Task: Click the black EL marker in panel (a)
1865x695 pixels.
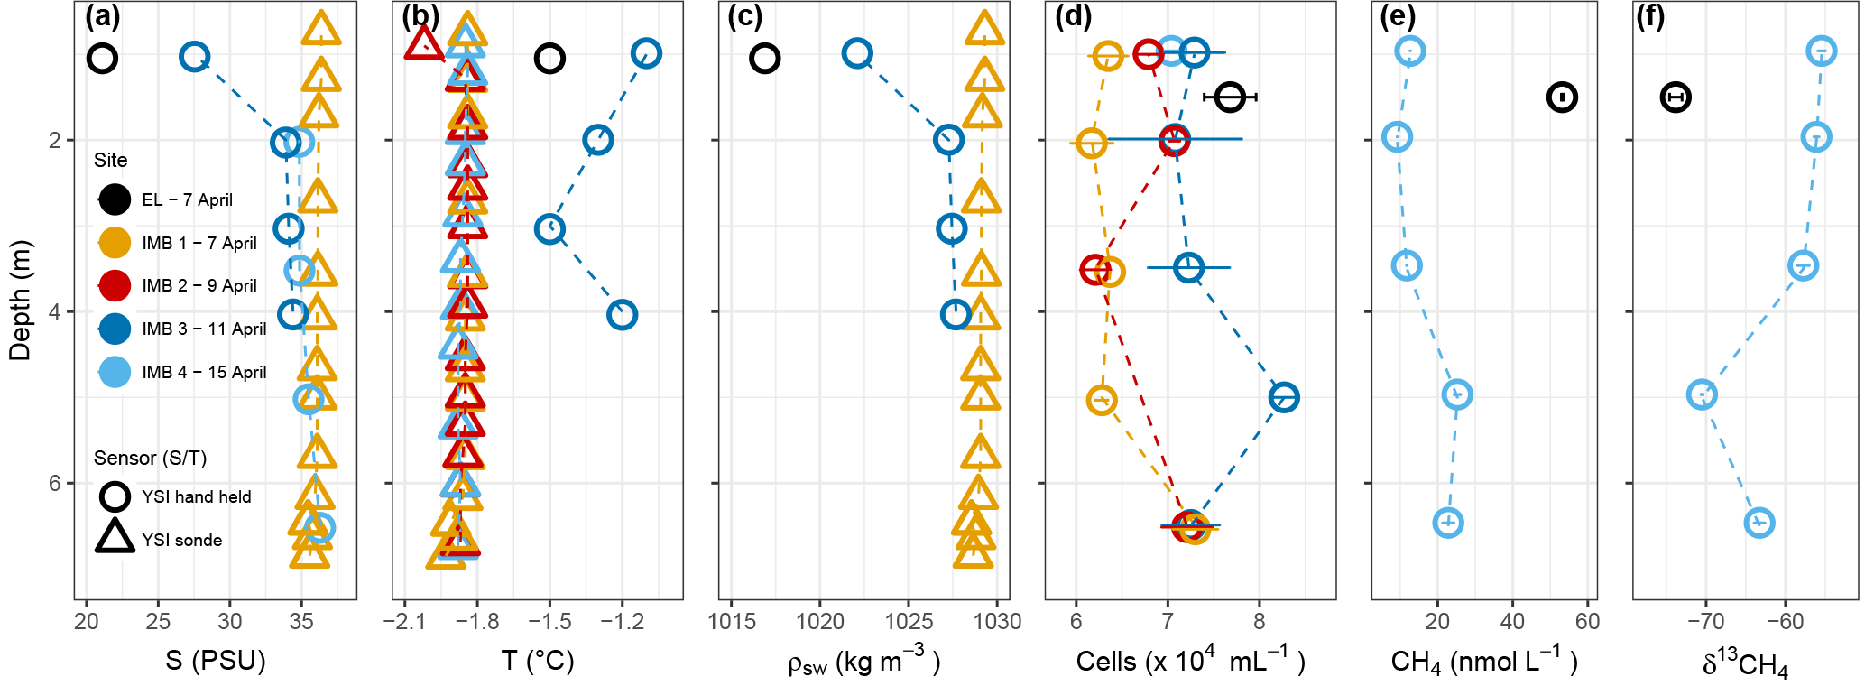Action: (x=103, y=59)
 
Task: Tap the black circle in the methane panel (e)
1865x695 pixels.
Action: (x=1562, y=97)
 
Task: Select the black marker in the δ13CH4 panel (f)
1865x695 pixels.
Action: (x=1676, y=97)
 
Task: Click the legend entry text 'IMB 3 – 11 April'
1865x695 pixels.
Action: (x=204, y=329)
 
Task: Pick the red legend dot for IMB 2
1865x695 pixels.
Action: (x=115, y=285)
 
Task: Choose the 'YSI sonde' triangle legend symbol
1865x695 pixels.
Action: (x=115, y=537)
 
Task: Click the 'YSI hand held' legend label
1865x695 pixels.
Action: (x=196, y=497)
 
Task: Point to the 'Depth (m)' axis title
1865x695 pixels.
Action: (x=20, y=301)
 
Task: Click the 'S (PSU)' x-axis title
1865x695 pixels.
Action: (x=216, y=661)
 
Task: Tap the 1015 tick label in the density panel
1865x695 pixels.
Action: (x=732, y=622)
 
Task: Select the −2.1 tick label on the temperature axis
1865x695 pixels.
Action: (x=404, y=622)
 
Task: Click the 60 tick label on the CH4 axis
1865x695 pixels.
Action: (x=1587, y=622)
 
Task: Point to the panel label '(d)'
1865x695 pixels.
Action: (x=1073, y=16)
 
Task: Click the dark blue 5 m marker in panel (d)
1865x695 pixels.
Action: (x=1284, y=397)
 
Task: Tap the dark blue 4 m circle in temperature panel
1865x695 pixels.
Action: (x=622, y=315)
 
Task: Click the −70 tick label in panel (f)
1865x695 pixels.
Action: (x=1705, y=622)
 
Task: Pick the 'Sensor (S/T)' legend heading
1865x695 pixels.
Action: (x=150, y=459)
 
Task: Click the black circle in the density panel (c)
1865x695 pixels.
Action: (x=764, y=59)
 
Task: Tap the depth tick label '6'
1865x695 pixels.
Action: (x=55, y=484)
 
